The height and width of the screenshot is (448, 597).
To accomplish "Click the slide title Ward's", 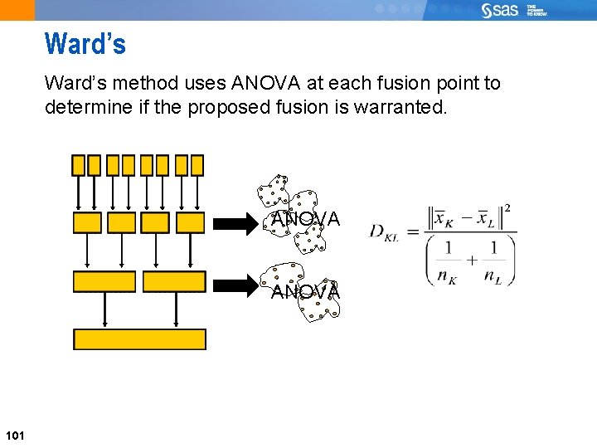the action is tap(85, 44).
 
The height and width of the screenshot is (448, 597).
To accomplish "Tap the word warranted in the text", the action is tap(393, 108).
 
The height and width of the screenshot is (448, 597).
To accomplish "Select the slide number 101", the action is tap(15, 436).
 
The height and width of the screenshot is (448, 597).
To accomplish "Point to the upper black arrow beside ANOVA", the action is tap(240, 222).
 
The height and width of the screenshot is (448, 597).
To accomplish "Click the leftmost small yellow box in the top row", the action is tap(78, 165).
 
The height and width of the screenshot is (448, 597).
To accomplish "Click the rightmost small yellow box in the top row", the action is tap(197, 165).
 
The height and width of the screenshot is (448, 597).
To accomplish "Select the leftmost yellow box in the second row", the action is tap(87, 222).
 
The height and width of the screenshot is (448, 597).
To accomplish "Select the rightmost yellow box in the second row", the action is tap(191, 222).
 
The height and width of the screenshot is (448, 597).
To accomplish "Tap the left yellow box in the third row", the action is tap(104, 282).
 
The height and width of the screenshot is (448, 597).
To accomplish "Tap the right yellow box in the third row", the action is tap(174, 282).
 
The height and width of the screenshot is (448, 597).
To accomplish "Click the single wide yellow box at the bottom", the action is tap(139, 339).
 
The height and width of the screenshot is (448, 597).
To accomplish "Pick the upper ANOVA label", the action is tap(305, 220).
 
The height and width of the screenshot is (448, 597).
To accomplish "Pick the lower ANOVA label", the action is tap(305, 292).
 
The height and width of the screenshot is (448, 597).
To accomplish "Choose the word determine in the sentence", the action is tap(82, 108).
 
